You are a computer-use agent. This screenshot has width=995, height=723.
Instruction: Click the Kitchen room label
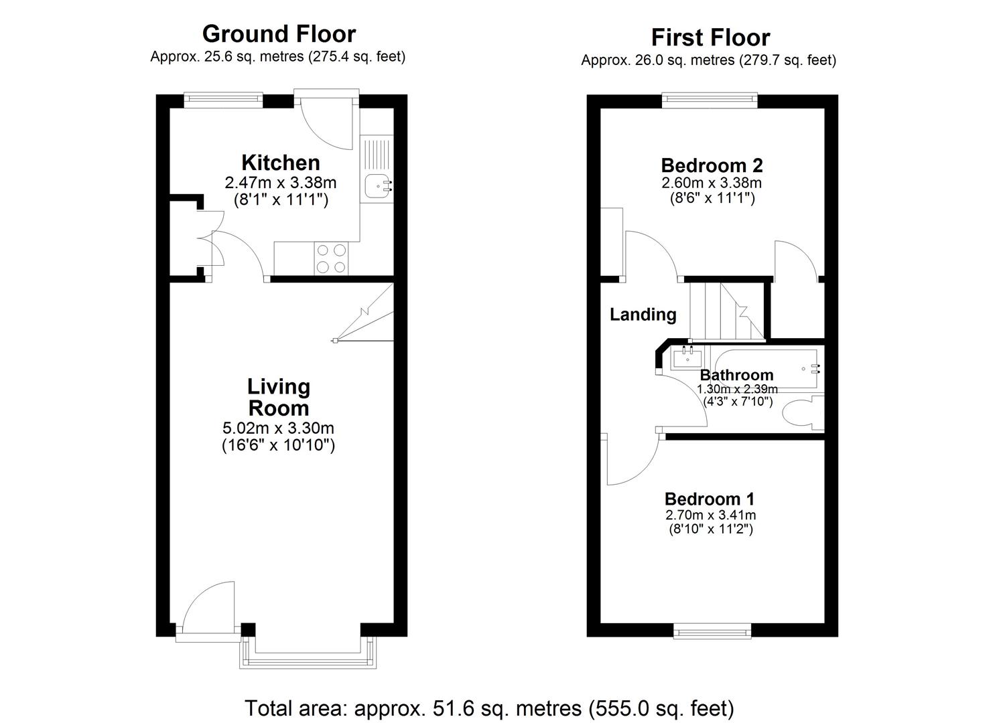281,163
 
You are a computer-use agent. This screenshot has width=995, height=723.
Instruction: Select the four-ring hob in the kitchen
332,258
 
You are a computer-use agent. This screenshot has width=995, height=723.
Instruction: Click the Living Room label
279,397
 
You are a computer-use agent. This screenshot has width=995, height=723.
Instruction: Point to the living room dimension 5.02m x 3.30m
278,428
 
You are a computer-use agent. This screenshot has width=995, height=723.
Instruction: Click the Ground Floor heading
279,34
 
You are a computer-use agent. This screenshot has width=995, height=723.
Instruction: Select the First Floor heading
710,37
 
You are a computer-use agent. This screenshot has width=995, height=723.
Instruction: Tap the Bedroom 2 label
712,165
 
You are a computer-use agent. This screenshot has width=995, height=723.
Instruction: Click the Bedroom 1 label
710,499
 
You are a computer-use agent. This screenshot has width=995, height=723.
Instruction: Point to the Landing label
643,315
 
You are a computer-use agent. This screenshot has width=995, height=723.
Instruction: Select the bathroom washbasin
687,357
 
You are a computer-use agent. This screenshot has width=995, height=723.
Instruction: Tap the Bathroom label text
736,375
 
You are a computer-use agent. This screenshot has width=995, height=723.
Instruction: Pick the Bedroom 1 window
712,631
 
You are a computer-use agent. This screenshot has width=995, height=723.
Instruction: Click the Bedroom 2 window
710,100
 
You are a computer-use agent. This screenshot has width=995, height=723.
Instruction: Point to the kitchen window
223,100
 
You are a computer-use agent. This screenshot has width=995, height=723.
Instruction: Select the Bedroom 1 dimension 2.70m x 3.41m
710,515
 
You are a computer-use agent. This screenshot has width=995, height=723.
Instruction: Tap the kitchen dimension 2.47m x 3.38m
280,183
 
